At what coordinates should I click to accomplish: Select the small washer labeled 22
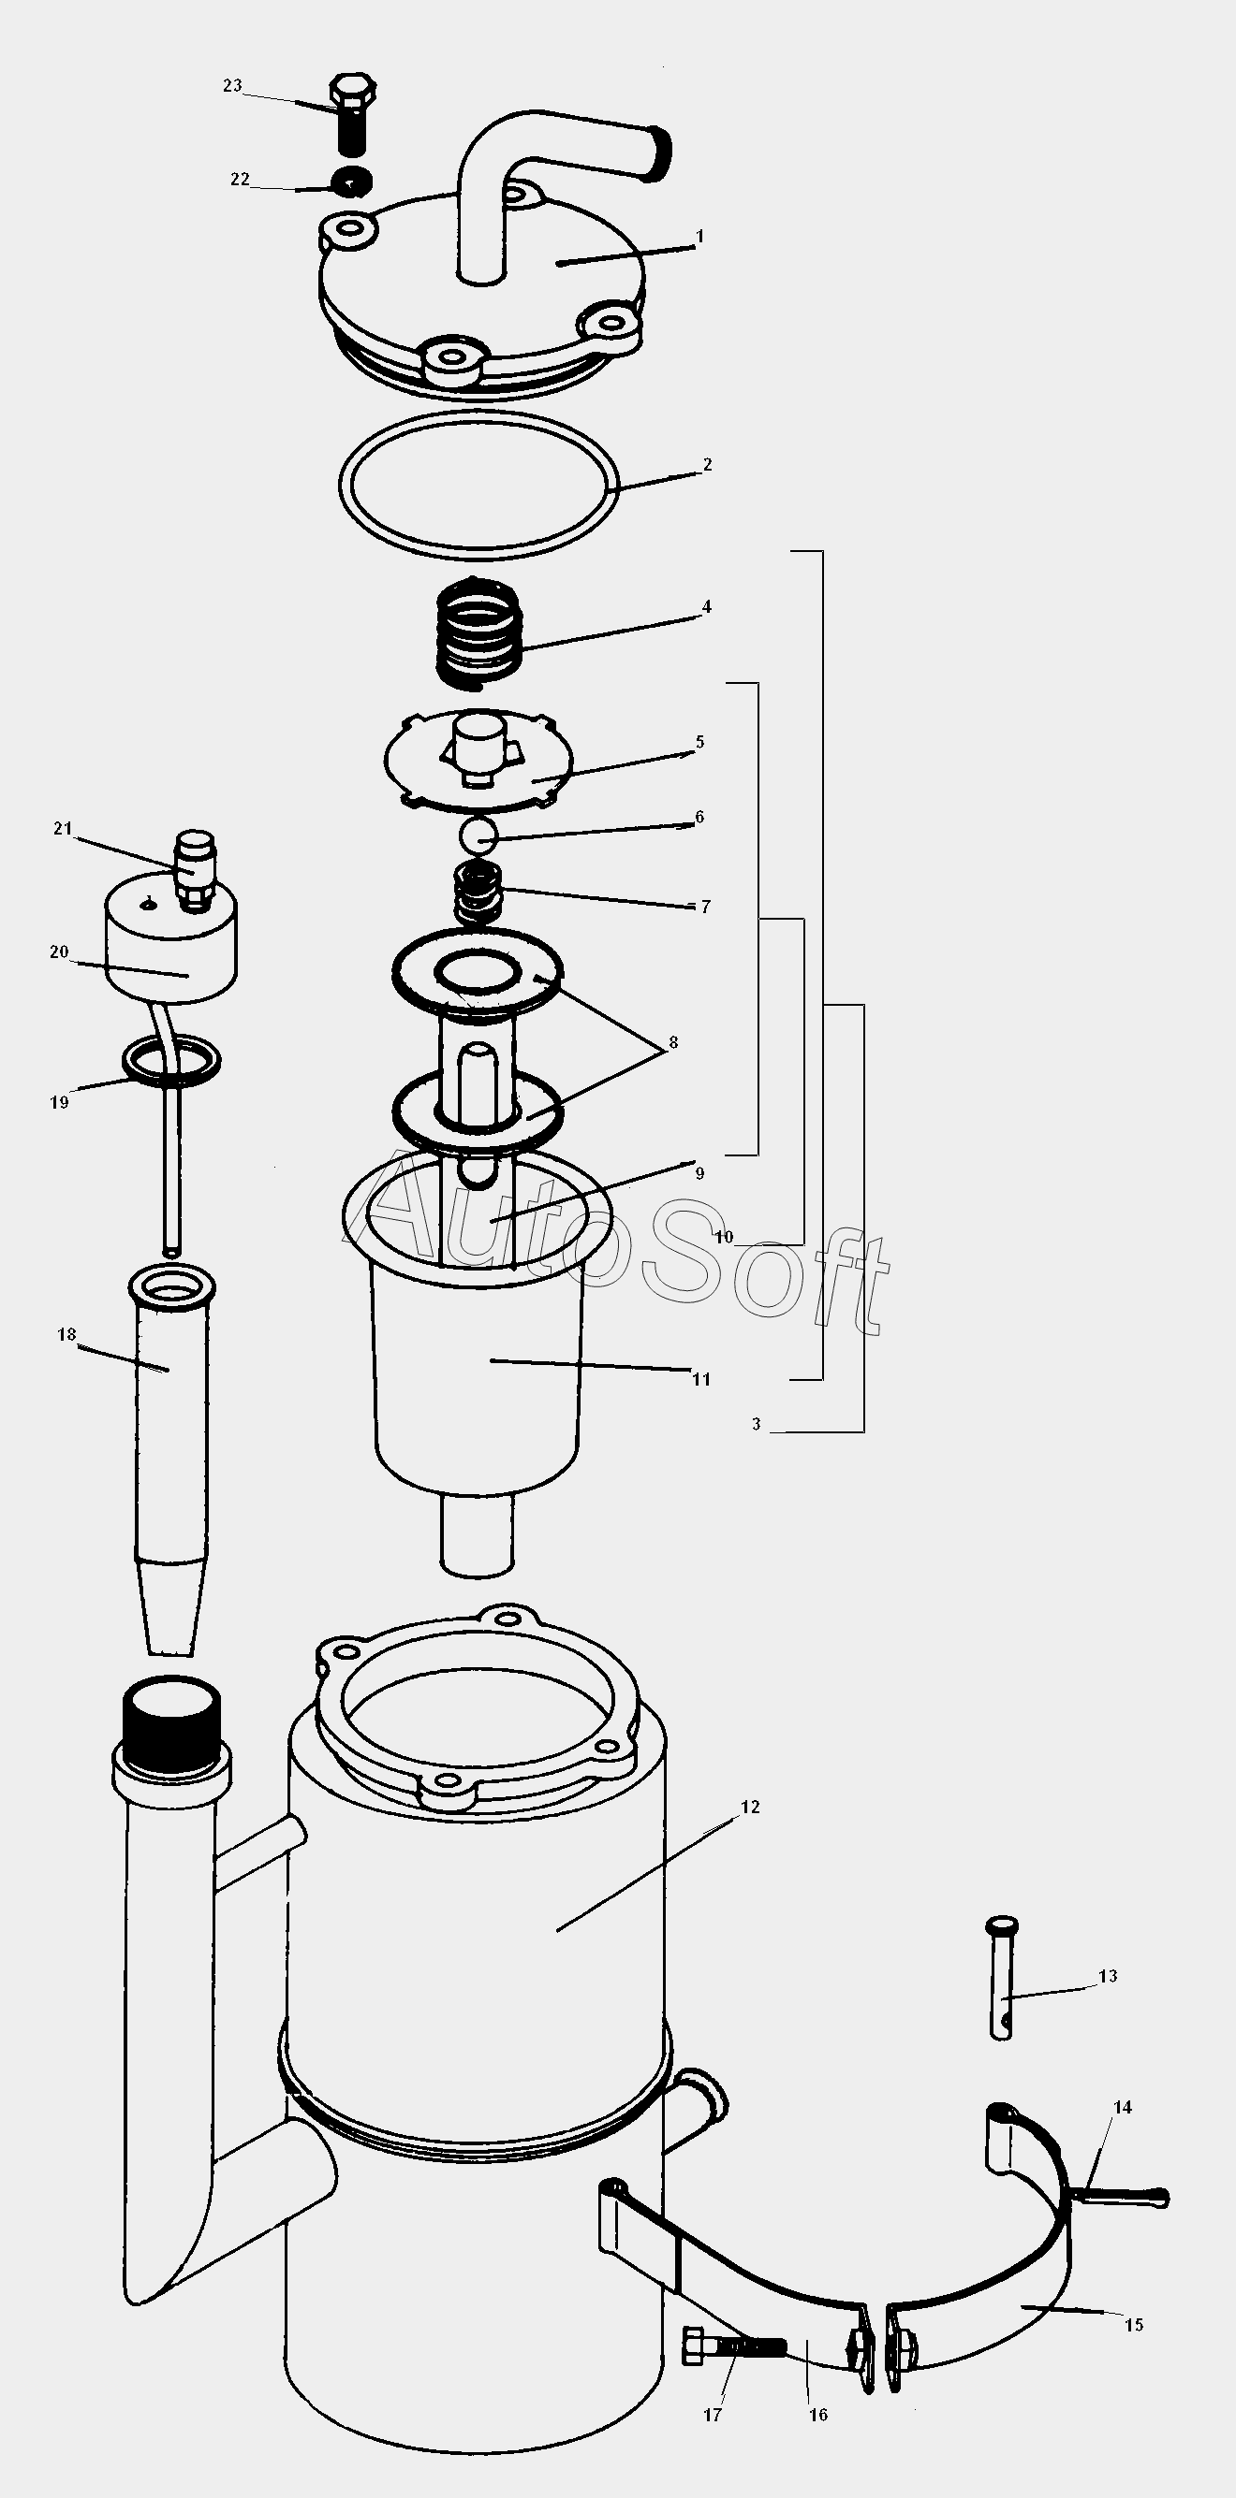coord(351,182)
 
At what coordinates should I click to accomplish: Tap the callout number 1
coord(699,237)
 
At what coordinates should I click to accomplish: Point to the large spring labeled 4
coord(479,633)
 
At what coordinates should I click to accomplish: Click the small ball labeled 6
coord(478,833)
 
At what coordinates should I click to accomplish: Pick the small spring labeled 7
coord(478,893)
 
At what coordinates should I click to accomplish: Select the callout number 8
coord(672,1043)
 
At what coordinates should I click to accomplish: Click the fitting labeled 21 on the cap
coord(195,870)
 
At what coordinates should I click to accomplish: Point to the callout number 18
coord(66,1335)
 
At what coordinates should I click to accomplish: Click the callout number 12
coord(750,1807)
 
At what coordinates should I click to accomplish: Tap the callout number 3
coord(757,1425)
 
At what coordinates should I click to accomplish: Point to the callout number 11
coord(701,1379)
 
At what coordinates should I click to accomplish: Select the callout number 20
coord(59,951)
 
